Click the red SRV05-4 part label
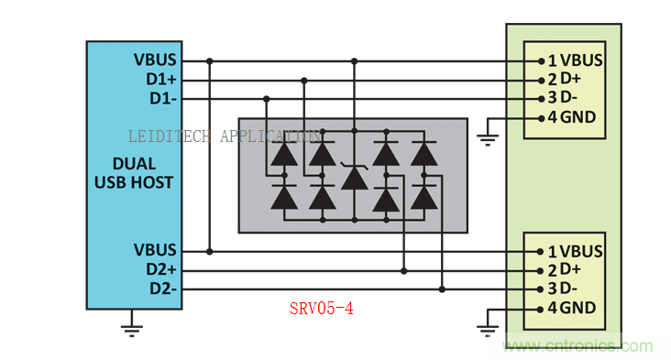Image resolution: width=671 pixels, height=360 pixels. pos(322,309)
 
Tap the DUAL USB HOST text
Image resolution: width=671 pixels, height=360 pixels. pos(134,173)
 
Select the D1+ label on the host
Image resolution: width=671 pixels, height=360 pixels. pos(161,79)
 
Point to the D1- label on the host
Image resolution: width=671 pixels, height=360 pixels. pos(162,98)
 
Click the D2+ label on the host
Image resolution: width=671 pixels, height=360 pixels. pos(161,269)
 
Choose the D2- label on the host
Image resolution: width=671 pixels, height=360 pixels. pos(162,289)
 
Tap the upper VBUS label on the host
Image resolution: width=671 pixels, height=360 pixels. pos(155,60)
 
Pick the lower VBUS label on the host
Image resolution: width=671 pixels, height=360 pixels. pos(155,250)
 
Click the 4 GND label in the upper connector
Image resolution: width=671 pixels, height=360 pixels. pos(572,117)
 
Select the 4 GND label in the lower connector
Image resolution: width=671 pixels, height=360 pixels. pos(572,308)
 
